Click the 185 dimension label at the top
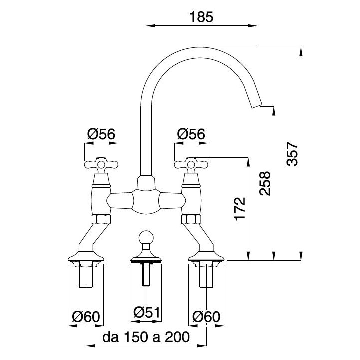tap(202, 17)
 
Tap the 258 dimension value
tap(265, 183)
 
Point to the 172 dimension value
tap(240, 209)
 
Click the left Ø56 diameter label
tap(101, 134)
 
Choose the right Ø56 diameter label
tap(191, 134)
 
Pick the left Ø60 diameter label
tap(86, 316)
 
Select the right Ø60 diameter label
tap(207, 316)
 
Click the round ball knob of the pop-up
tap(146, 237)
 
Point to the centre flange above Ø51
tap(146, 259)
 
